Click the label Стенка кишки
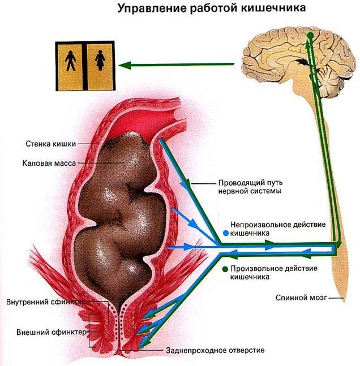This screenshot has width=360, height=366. [50, 143]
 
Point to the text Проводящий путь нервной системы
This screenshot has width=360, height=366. [250, 187]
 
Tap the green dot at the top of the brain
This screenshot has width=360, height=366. [310, 37]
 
